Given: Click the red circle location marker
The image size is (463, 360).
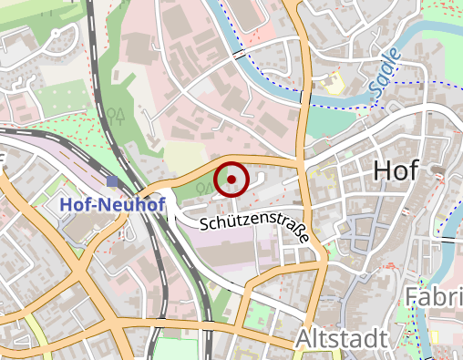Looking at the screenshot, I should (x=232, y=179).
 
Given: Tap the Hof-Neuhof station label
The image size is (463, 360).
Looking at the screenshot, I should (x=112, y=205).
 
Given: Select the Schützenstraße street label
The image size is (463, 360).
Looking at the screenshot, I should (x=253, y=227).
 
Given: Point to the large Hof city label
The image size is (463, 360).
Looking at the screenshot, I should (x=401, y=170).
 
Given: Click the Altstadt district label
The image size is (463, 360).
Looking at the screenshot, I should (x=342, y=340).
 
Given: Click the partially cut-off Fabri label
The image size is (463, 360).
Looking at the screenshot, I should (x=433, y=297).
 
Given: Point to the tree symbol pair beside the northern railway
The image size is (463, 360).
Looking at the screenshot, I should (x=115, y=115).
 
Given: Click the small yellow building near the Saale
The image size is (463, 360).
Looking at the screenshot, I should (x=334, y=84).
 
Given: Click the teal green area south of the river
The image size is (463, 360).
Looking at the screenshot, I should (x=324, y=123).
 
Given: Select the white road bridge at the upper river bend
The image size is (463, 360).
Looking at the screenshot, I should (x=239, y=52).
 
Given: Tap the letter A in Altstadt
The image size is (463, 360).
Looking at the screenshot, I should (x=304, y=340).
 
